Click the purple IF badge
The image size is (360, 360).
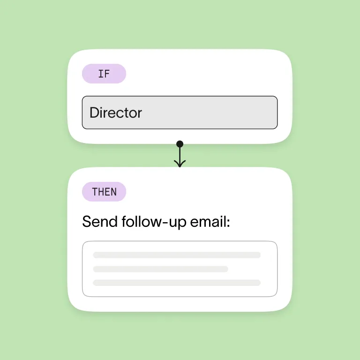pyautogui.click(x=104, y=74)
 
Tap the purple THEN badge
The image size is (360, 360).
pyautogui.click(x=104, y=192)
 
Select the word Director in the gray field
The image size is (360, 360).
pyautogui.click(x=115, y=113)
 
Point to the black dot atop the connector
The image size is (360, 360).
pyautogui.click(x=180, y=144)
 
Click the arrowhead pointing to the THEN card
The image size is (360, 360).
pyautogui.click(x=180, y=164)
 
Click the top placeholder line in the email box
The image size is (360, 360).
pyautogui.click(x=177, y=255)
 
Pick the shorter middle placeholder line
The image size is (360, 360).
pyautogui.click(x=160, y=269)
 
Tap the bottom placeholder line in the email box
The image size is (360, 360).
pyautogui.click(x=177, y=283)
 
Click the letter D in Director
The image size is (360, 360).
pyautogui.click(x=94, y=113)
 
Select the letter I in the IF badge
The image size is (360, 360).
pyautogui.click(x=101, y=74)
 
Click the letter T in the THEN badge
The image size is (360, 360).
pyautogui.click(x=95, y=192)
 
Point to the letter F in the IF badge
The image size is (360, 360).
pyautogui.click(x=107, y=74)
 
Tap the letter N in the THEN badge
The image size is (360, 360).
pyautogui.click(x=113, y=192)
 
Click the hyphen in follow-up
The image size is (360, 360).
pyautogui.click(x=159, y=223)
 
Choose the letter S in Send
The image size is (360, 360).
pyautogui.click(x=86, y=222)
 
